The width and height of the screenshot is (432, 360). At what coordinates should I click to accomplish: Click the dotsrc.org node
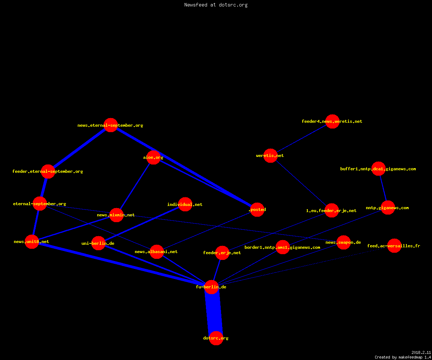coord(216,338)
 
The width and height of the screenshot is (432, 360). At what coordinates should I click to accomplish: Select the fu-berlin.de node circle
coord(211,287)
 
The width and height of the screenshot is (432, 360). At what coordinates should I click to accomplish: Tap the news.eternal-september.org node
coord(111,125)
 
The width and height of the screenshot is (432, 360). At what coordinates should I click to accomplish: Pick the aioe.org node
coord(153,157)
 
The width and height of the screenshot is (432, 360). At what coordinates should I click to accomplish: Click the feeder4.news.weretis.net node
coord(333,121)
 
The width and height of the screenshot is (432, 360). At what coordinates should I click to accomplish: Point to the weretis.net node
coord(270,156)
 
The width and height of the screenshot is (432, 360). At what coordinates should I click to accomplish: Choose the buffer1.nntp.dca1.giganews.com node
coord(378,168)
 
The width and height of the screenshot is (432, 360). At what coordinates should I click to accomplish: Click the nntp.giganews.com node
coord(388,207)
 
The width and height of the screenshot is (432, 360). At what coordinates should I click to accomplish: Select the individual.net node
coord(185,204)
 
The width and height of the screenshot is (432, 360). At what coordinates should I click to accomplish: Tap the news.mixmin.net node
coord(117,215)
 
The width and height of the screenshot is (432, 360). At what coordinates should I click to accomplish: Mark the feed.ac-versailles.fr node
coord(394,246)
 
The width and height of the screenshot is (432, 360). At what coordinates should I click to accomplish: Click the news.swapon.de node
coord(343,242)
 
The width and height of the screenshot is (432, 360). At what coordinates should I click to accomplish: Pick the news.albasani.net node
coord(157,252)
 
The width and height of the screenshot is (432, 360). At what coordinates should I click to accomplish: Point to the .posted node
coord(257,210)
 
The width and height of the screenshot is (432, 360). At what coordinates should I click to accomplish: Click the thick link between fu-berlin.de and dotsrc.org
coord(214,312)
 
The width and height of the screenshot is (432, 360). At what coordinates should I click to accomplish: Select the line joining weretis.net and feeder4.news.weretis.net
coord(301,139)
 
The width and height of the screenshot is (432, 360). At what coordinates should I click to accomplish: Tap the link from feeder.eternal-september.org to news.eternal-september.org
coord(80,148)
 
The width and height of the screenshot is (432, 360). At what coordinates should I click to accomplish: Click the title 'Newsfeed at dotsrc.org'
coord(216,5)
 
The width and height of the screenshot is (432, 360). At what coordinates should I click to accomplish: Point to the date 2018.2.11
coord(421,352)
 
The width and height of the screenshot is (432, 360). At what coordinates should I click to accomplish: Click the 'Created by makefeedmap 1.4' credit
coord(403,357)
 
